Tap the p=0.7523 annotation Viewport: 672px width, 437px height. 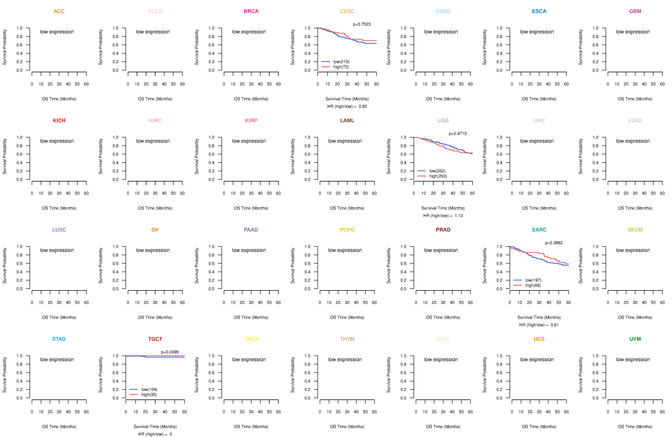point(362,24)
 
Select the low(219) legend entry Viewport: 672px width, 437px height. point(341,62)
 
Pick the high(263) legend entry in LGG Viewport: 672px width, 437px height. point(438,176)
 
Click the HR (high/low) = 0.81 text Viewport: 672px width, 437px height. point(539,325)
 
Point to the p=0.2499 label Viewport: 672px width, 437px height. point(170,352)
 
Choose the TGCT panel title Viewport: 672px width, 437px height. point(155,339)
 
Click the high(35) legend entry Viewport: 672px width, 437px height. point(149,395)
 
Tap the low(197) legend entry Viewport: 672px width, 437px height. point(533,280)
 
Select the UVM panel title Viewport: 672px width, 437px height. point(635,339)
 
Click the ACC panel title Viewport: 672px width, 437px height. point(59,11)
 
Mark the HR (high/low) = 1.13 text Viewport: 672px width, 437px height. point(443,216)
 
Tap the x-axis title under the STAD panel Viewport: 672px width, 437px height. point(59,427)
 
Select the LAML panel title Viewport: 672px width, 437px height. point(347,121)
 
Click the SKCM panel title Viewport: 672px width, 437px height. point(635,230)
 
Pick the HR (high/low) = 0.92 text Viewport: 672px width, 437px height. point(347,106)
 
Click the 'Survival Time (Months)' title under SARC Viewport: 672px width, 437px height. point(539,317)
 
